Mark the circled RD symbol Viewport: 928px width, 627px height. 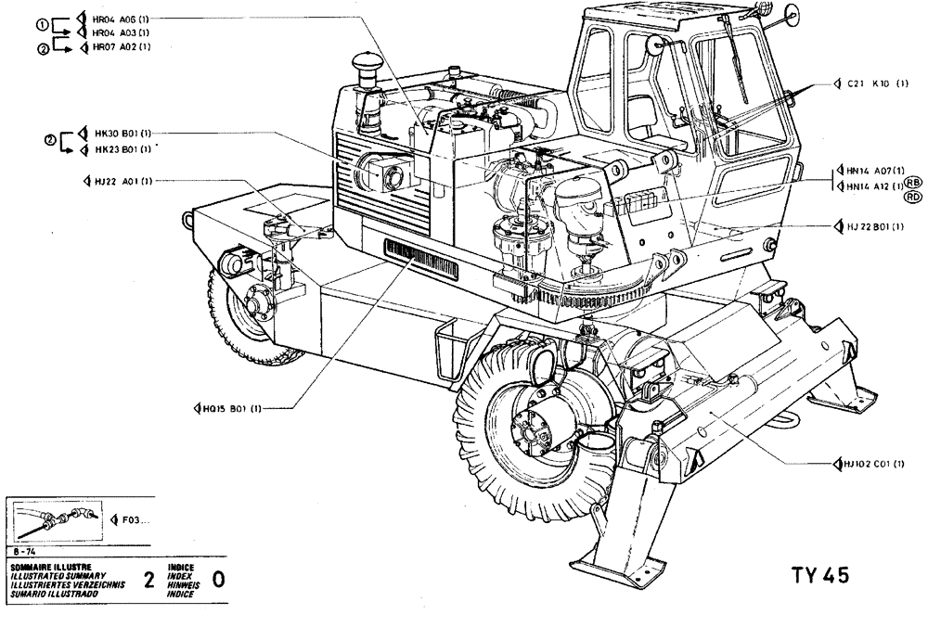(913, 196)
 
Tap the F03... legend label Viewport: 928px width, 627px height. (135, 520)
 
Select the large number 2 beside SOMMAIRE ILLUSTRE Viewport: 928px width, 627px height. (148, 581)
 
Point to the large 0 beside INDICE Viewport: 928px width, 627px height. (219, 581)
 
